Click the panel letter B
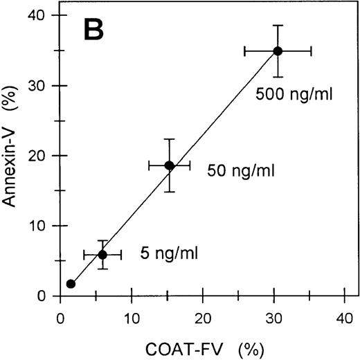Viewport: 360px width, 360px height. [93, 30]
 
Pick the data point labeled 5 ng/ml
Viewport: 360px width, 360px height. [102, 255]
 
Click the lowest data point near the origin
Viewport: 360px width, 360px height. [71, 284]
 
